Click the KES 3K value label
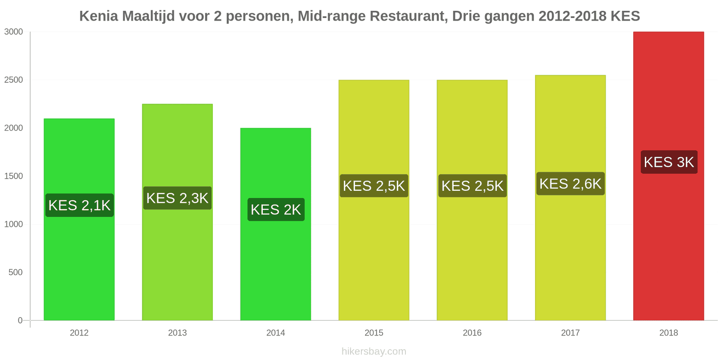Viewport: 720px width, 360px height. pos(669,162)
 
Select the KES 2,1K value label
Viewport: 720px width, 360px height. pos(79,205)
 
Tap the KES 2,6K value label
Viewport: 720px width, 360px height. pos(570,184)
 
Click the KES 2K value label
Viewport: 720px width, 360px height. pos(276,210)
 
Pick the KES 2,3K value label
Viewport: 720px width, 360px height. pos(177,198)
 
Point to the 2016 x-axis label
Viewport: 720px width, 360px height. pos(472,333)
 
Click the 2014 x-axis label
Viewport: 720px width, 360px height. pos(275,333)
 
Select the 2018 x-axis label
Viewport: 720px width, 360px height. pos(668,333)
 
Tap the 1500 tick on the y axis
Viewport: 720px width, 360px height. pos(13,176)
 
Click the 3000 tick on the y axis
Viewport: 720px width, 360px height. pos(13,31)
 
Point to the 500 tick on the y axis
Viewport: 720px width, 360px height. pos(16,272)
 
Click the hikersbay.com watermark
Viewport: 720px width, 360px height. pos(373,351)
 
